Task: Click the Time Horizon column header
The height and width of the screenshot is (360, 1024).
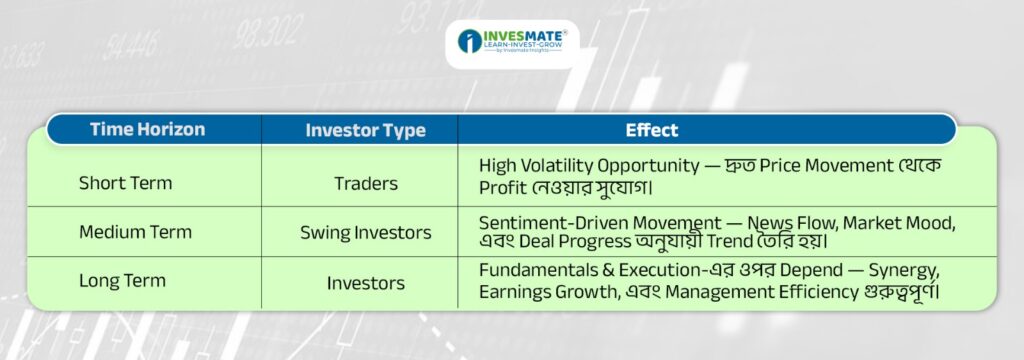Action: (x=147, y=129)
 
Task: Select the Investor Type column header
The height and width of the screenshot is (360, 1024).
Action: (x=365, y=131)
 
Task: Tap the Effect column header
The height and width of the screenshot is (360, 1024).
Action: (x=652, y=130)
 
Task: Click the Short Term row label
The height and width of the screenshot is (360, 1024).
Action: (x=125, y=183)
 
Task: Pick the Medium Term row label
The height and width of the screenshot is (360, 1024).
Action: (x=135, y=232)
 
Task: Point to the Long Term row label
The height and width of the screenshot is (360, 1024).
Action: (x=122, y=281)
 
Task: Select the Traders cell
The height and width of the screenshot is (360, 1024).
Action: (x=366, y=184)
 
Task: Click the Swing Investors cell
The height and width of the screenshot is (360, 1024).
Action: (x=366, y=233)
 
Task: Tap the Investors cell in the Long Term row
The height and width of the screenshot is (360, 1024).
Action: (x=366, y=283)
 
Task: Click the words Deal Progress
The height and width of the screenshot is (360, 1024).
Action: (x=577, y=241)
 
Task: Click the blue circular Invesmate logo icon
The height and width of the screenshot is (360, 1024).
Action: (x=470, y=41)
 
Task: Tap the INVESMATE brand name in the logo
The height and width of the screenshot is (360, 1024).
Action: (x=524, y=35)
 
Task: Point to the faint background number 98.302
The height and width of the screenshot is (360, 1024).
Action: (x=268, y=33)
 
